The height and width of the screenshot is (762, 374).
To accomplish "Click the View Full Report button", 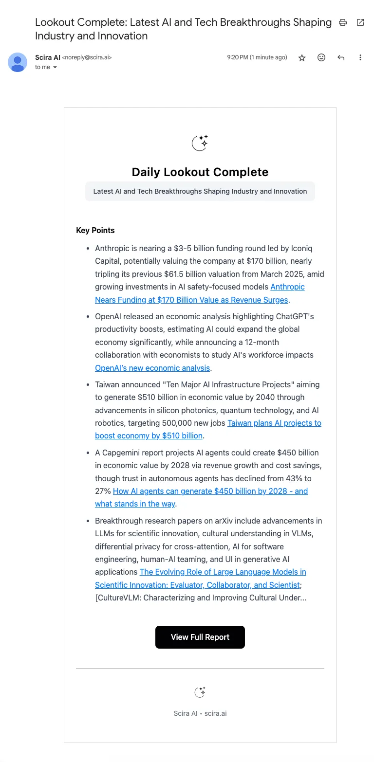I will (x=200, y=637).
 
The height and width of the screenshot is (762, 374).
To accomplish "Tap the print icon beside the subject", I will (x=343, y=22).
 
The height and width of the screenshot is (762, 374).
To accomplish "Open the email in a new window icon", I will (x=360, y=22).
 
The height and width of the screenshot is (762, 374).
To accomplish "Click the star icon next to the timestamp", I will (x=302, y=57).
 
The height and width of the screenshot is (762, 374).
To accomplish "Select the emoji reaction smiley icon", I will (x=321, y=57).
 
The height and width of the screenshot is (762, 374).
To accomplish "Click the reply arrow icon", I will (x=341, y=57).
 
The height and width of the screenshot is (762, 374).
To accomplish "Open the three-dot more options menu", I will (x=360, y=57).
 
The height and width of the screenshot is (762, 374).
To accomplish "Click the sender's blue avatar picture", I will (x=18, y=62).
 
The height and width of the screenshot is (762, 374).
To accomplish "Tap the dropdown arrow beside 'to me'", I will (x=55, y=68).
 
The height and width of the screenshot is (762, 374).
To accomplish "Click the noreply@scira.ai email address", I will (x=87, y=57).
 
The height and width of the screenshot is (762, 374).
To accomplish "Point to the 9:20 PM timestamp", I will (x=257, y=57).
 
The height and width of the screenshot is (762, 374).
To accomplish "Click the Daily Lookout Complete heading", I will (x=200, y=172).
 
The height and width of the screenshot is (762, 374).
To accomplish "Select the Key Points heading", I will (x=95, y=230).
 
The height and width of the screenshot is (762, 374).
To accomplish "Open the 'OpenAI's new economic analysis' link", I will (x=152, y=368).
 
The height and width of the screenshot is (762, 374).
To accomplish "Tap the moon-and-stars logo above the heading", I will (x=200, y=143).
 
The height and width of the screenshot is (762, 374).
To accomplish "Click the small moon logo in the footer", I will (x=200, y=692).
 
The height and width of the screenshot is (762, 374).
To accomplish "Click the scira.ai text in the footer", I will (x=215, y=713).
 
